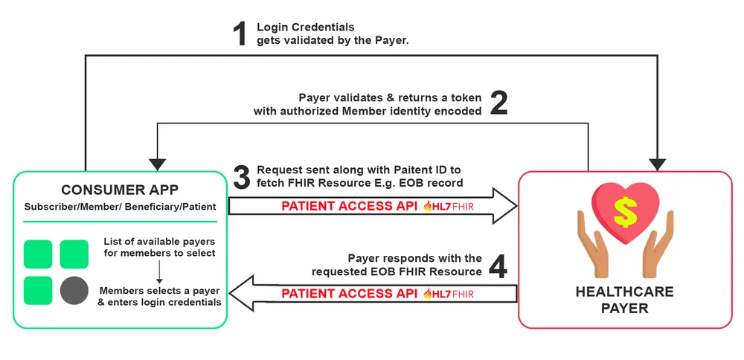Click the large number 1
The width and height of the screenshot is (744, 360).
pos(240,34)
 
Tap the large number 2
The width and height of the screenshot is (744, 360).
pos(498,104)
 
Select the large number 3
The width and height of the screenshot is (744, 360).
pos(241,177)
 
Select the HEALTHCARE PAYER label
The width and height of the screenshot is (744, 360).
pos(624,300)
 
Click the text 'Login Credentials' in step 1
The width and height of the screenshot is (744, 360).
pos(305,28)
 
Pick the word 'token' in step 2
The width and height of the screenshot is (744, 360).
pos(466,98)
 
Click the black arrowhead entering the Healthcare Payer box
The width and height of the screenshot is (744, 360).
pos(658,164)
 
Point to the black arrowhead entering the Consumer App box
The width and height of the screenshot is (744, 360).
pos(158,164)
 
